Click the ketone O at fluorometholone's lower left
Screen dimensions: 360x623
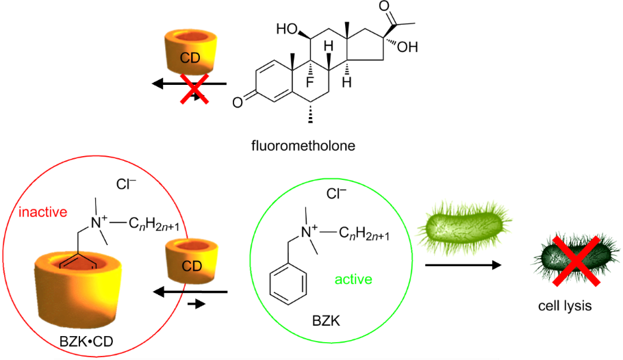pyautogui.click(x=237, y=102)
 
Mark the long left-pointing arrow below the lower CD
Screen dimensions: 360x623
pyautogui.click(x=189, y=292)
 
